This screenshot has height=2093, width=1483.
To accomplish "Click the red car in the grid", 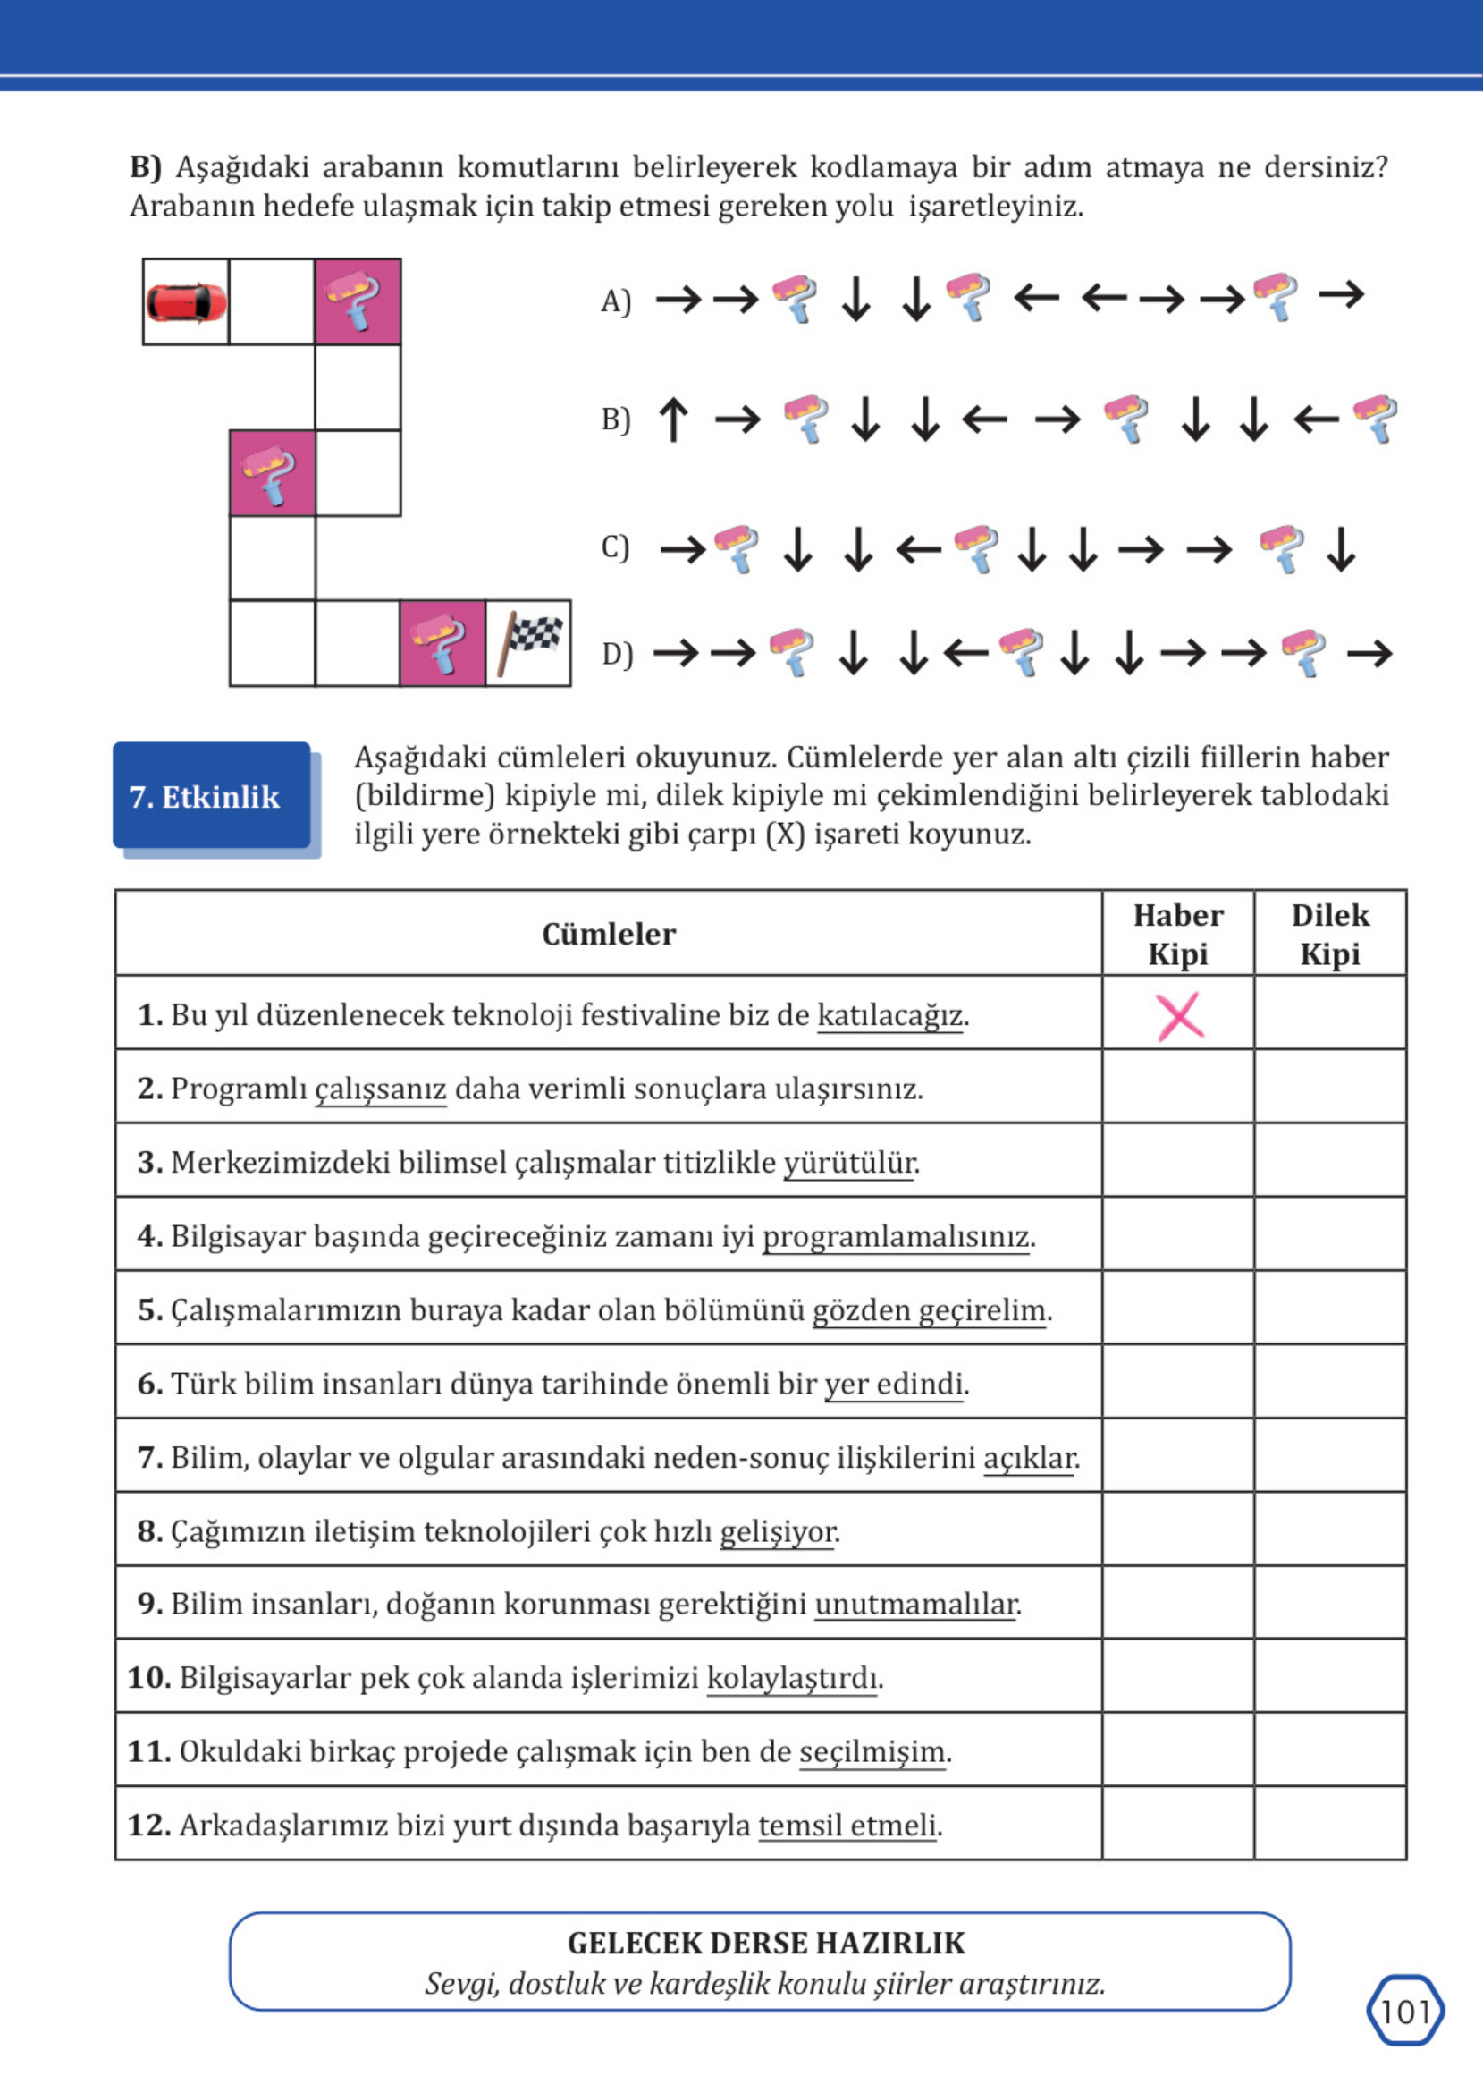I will point(185,302).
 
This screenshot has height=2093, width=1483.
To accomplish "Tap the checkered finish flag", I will point(529,642).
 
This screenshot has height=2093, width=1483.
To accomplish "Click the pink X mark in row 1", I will point(1179,1016).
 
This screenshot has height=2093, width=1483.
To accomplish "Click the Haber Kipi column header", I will point(1178,934).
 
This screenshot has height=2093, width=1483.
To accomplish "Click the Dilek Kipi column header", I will point(1329,934).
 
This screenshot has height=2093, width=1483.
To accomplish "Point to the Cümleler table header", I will point(608,934).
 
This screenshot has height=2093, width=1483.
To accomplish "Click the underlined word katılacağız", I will point(890,1015).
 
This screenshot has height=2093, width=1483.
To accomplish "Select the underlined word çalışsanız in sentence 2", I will point(381,1089).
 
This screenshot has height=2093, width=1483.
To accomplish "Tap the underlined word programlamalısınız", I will point(896,1236).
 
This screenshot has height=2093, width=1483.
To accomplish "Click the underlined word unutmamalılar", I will point(916,1605).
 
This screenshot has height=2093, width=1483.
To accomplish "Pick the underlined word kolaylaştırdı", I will point(792,1678).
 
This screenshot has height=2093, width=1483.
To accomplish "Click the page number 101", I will point(1405,2011).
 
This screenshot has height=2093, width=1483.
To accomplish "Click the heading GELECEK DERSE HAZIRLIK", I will point(765,1942).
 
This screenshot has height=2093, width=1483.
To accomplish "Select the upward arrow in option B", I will point(673,419).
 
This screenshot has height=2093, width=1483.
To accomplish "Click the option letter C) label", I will point(616,547).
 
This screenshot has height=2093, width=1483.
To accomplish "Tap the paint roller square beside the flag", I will point(442,642).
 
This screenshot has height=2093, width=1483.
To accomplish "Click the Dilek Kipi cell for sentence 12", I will point(1329,1826).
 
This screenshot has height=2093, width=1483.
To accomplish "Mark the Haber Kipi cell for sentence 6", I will point(1178,1383).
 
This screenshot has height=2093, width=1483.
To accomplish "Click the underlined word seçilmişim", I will point(872,1751).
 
